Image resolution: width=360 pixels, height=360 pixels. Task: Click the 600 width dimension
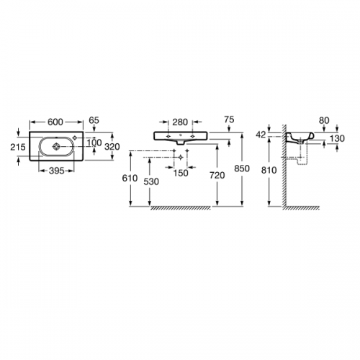coord(55,122)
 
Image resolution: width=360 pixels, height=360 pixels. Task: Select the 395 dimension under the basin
coord(57,171)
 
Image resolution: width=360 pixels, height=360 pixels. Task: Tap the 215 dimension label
coord(18,147)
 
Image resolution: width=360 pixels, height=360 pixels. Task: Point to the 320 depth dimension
coord(112,146)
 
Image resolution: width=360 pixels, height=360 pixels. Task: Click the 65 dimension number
coord(94,120)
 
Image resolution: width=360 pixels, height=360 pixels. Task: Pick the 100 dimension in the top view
coord(94,143)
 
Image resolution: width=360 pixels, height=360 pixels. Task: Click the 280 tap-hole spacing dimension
coord(180,122)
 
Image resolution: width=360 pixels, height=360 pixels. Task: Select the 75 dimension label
coord(229,120)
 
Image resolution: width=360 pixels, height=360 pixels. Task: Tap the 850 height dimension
coord(242,168)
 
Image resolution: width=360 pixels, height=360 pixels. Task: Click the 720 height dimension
coord(217,176)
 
